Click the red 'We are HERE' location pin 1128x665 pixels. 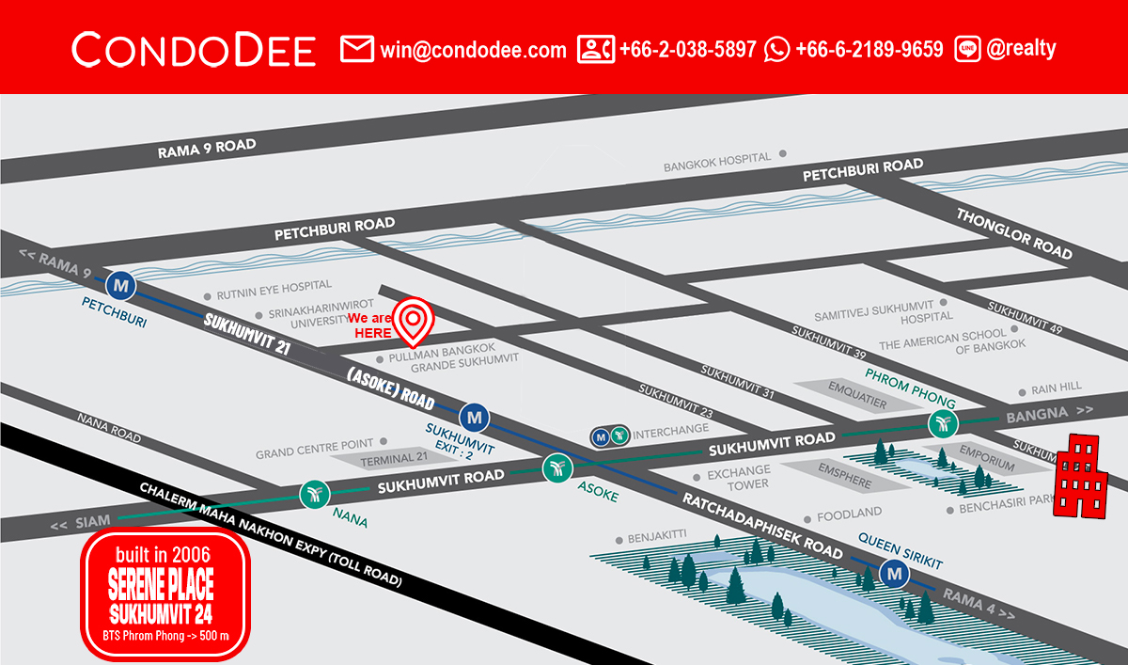pos(413,320)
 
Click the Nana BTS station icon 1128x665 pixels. pos(314,495)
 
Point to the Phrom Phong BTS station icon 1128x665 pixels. pos(943,423)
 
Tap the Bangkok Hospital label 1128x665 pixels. pos(717,162)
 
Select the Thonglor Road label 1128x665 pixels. pos(1014,233)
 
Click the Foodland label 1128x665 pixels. pos(849,514)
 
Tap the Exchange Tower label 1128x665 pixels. pos(738,477)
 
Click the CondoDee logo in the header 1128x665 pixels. pos(194,49)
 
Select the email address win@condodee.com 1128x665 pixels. pos(473,49)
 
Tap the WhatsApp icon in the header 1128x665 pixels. pos(777,49)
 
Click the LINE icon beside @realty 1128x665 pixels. pos(967,49)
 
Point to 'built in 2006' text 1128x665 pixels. pos(164,550)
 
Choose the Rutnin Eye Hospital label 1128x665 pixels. pos(274,285)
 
